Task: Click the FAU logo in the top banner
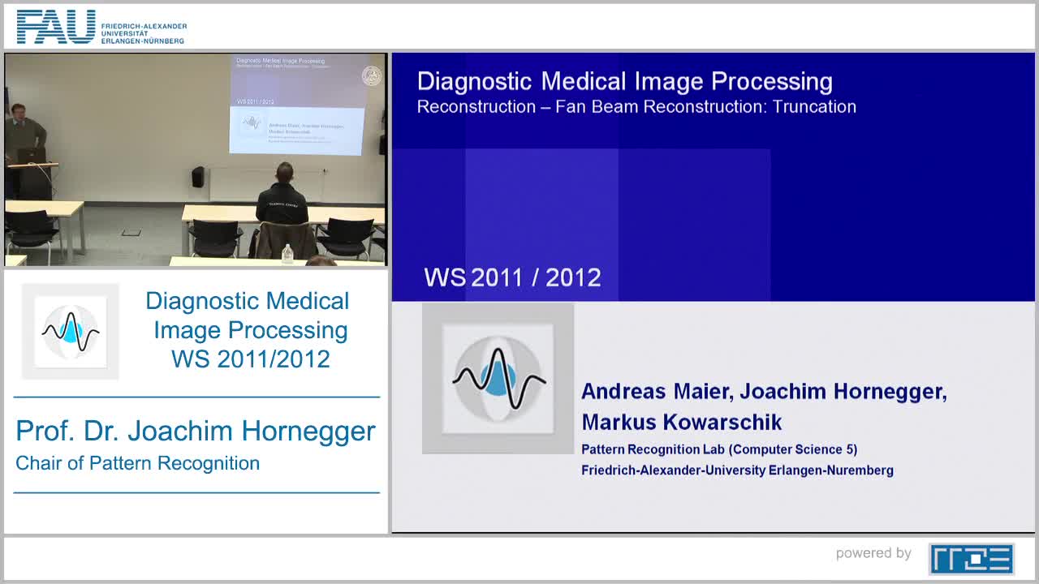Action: point(55,28)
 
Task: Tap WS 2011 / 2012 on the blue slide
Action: point(512,277)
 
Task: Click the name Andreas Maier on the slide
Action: point(657,392)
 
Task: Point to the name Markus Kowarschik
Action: point(681,423)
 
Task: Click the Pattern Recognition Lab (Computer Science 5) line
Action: point(718,449)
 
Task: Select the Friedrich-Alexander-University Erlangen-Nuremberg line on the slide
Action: point(736,470)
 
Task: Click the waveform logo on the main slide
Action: point(498,378)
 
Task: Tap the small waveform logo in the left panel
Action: point(71,331)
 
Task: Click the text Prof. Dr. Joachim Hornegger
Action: point(196,431)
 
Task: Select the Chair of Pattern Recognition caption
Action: point(138,464)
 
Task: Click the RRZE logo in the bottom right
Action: point(971,559)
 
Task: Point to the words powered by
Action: point(873,553)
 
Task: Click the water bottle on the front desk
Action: point(287,253)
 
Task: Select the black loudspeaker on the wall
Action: point(198,176)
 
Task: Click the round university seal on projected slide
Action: point(371,76)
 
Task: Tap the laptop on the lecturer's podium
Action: point(32,155)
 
